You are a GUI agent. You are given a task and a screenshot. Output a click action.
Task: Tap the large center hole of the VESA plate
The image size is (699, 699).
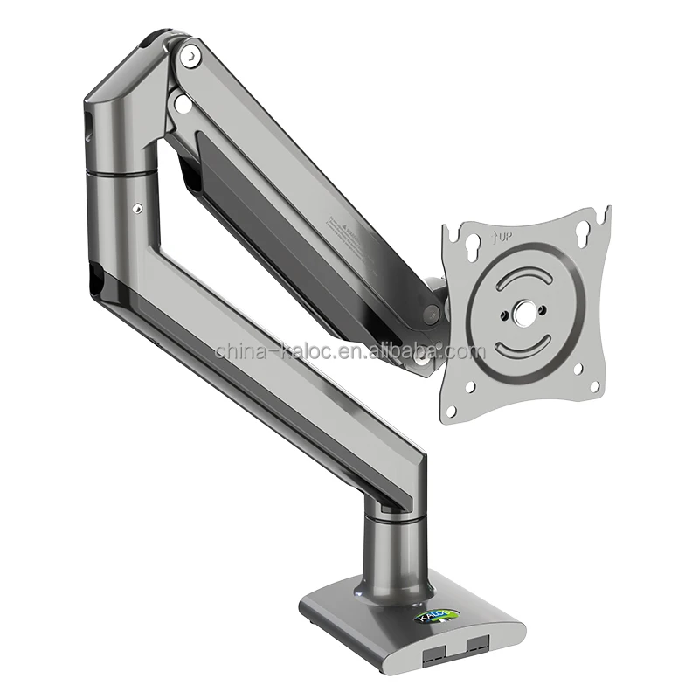[x=526, y=313]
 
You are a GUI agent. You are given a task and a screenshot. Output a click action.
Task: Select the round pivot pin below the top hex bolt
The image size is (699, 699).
[x=183, y=103]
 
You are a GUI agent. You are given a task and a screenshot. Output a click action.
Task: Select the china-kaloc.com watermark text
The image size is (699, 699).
[x=349, y=351]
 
